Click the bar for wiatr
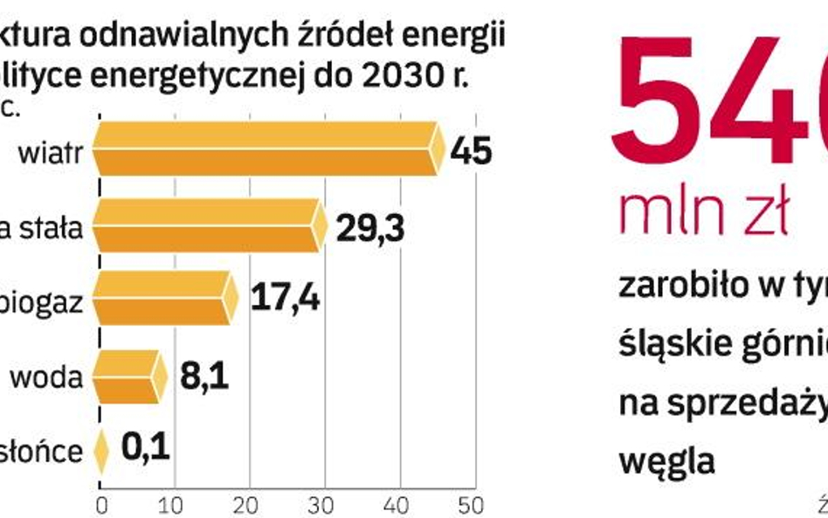(x=266, y=149)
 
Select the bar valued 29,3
(x=208, y=225)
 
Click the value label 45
(x=472, y=151)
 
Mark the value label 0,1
(x=146, y=450)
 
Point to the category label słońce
(x=53, y=452)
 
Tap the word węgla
(x=666, y=458)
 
